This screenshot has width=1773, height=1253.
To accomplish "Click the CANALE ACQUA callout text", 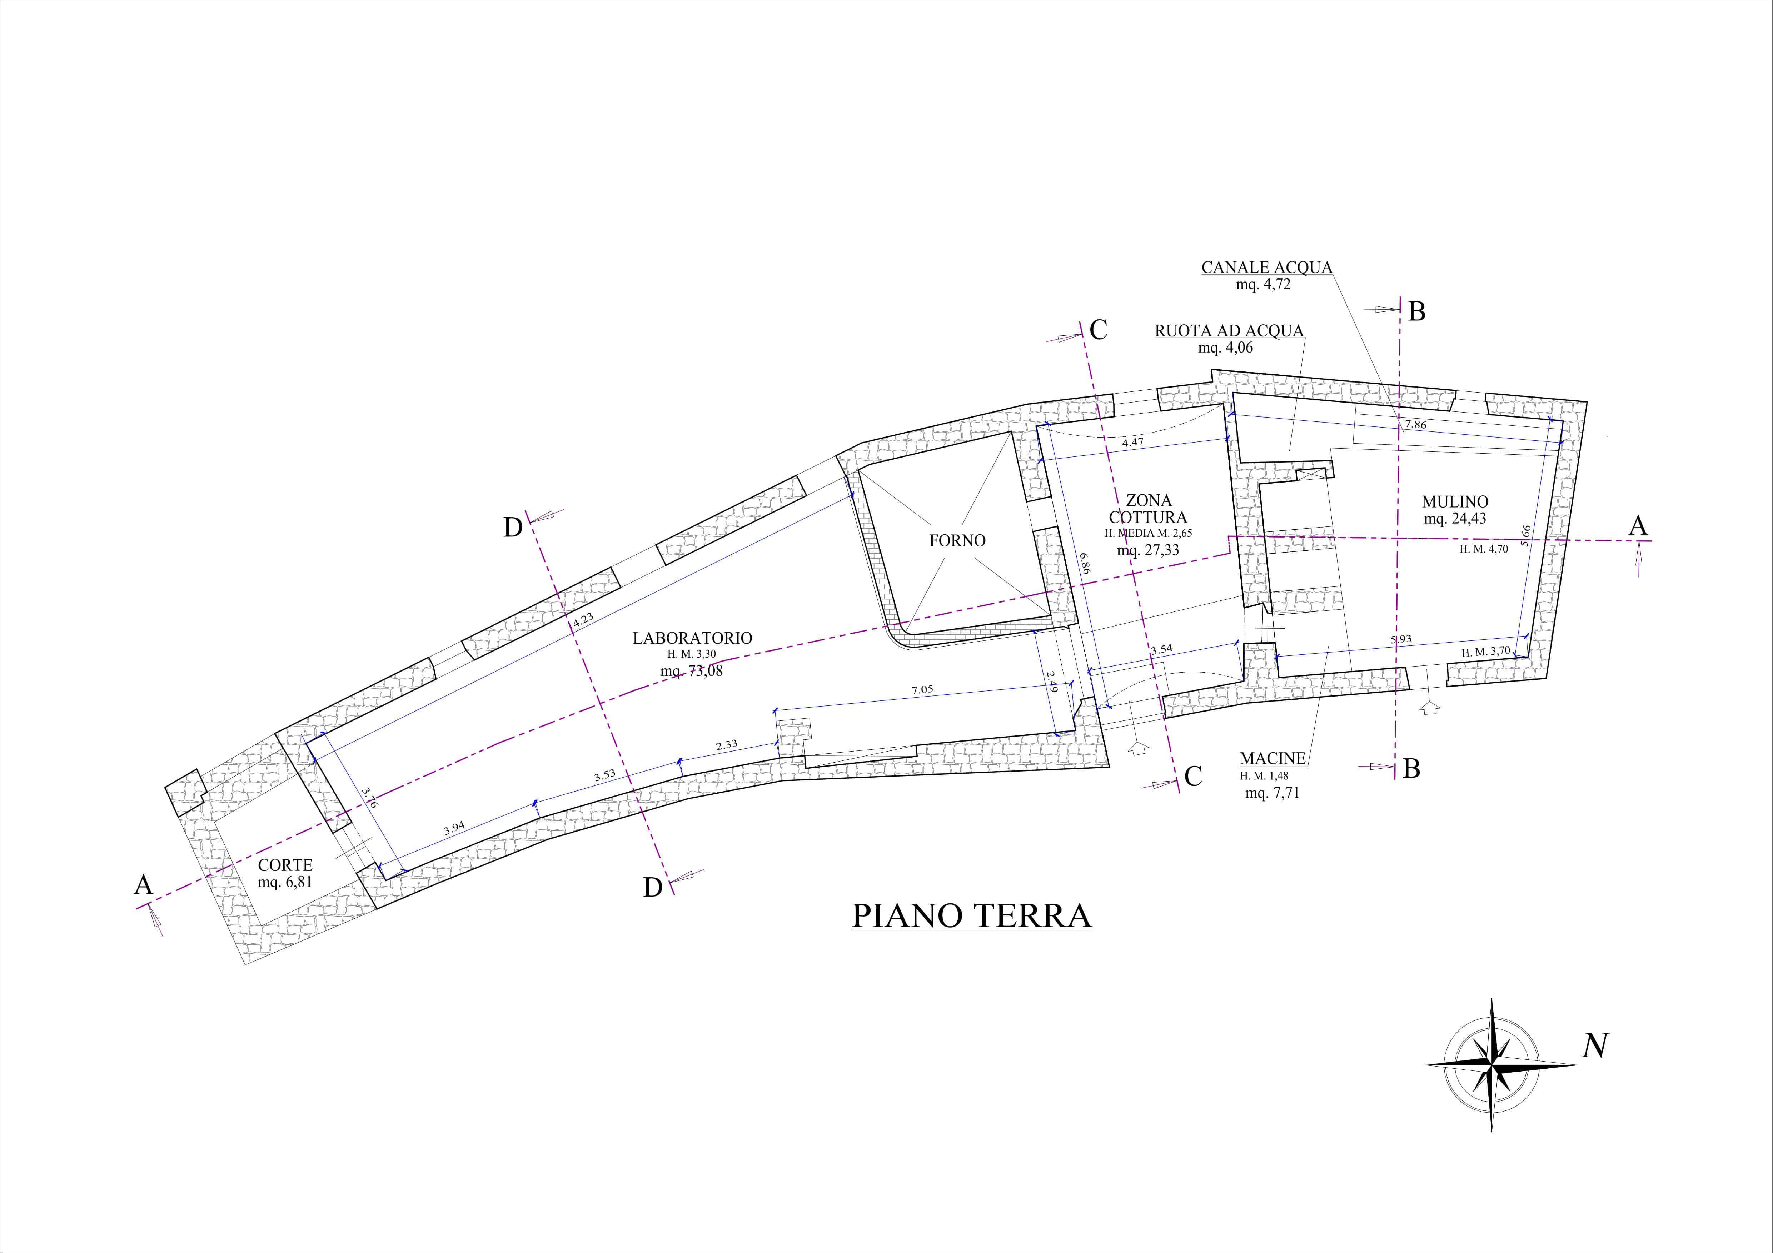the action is tap(1266, 268).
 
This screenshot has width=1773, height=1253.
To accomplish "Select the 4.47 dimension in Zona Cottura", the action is tap(1133, 443).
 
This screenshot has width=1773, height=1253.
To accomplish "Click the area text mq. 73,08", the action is tap(691, 671).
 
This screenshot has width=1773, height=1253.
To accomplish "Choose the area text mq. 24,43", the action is tap(1455, 519).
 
